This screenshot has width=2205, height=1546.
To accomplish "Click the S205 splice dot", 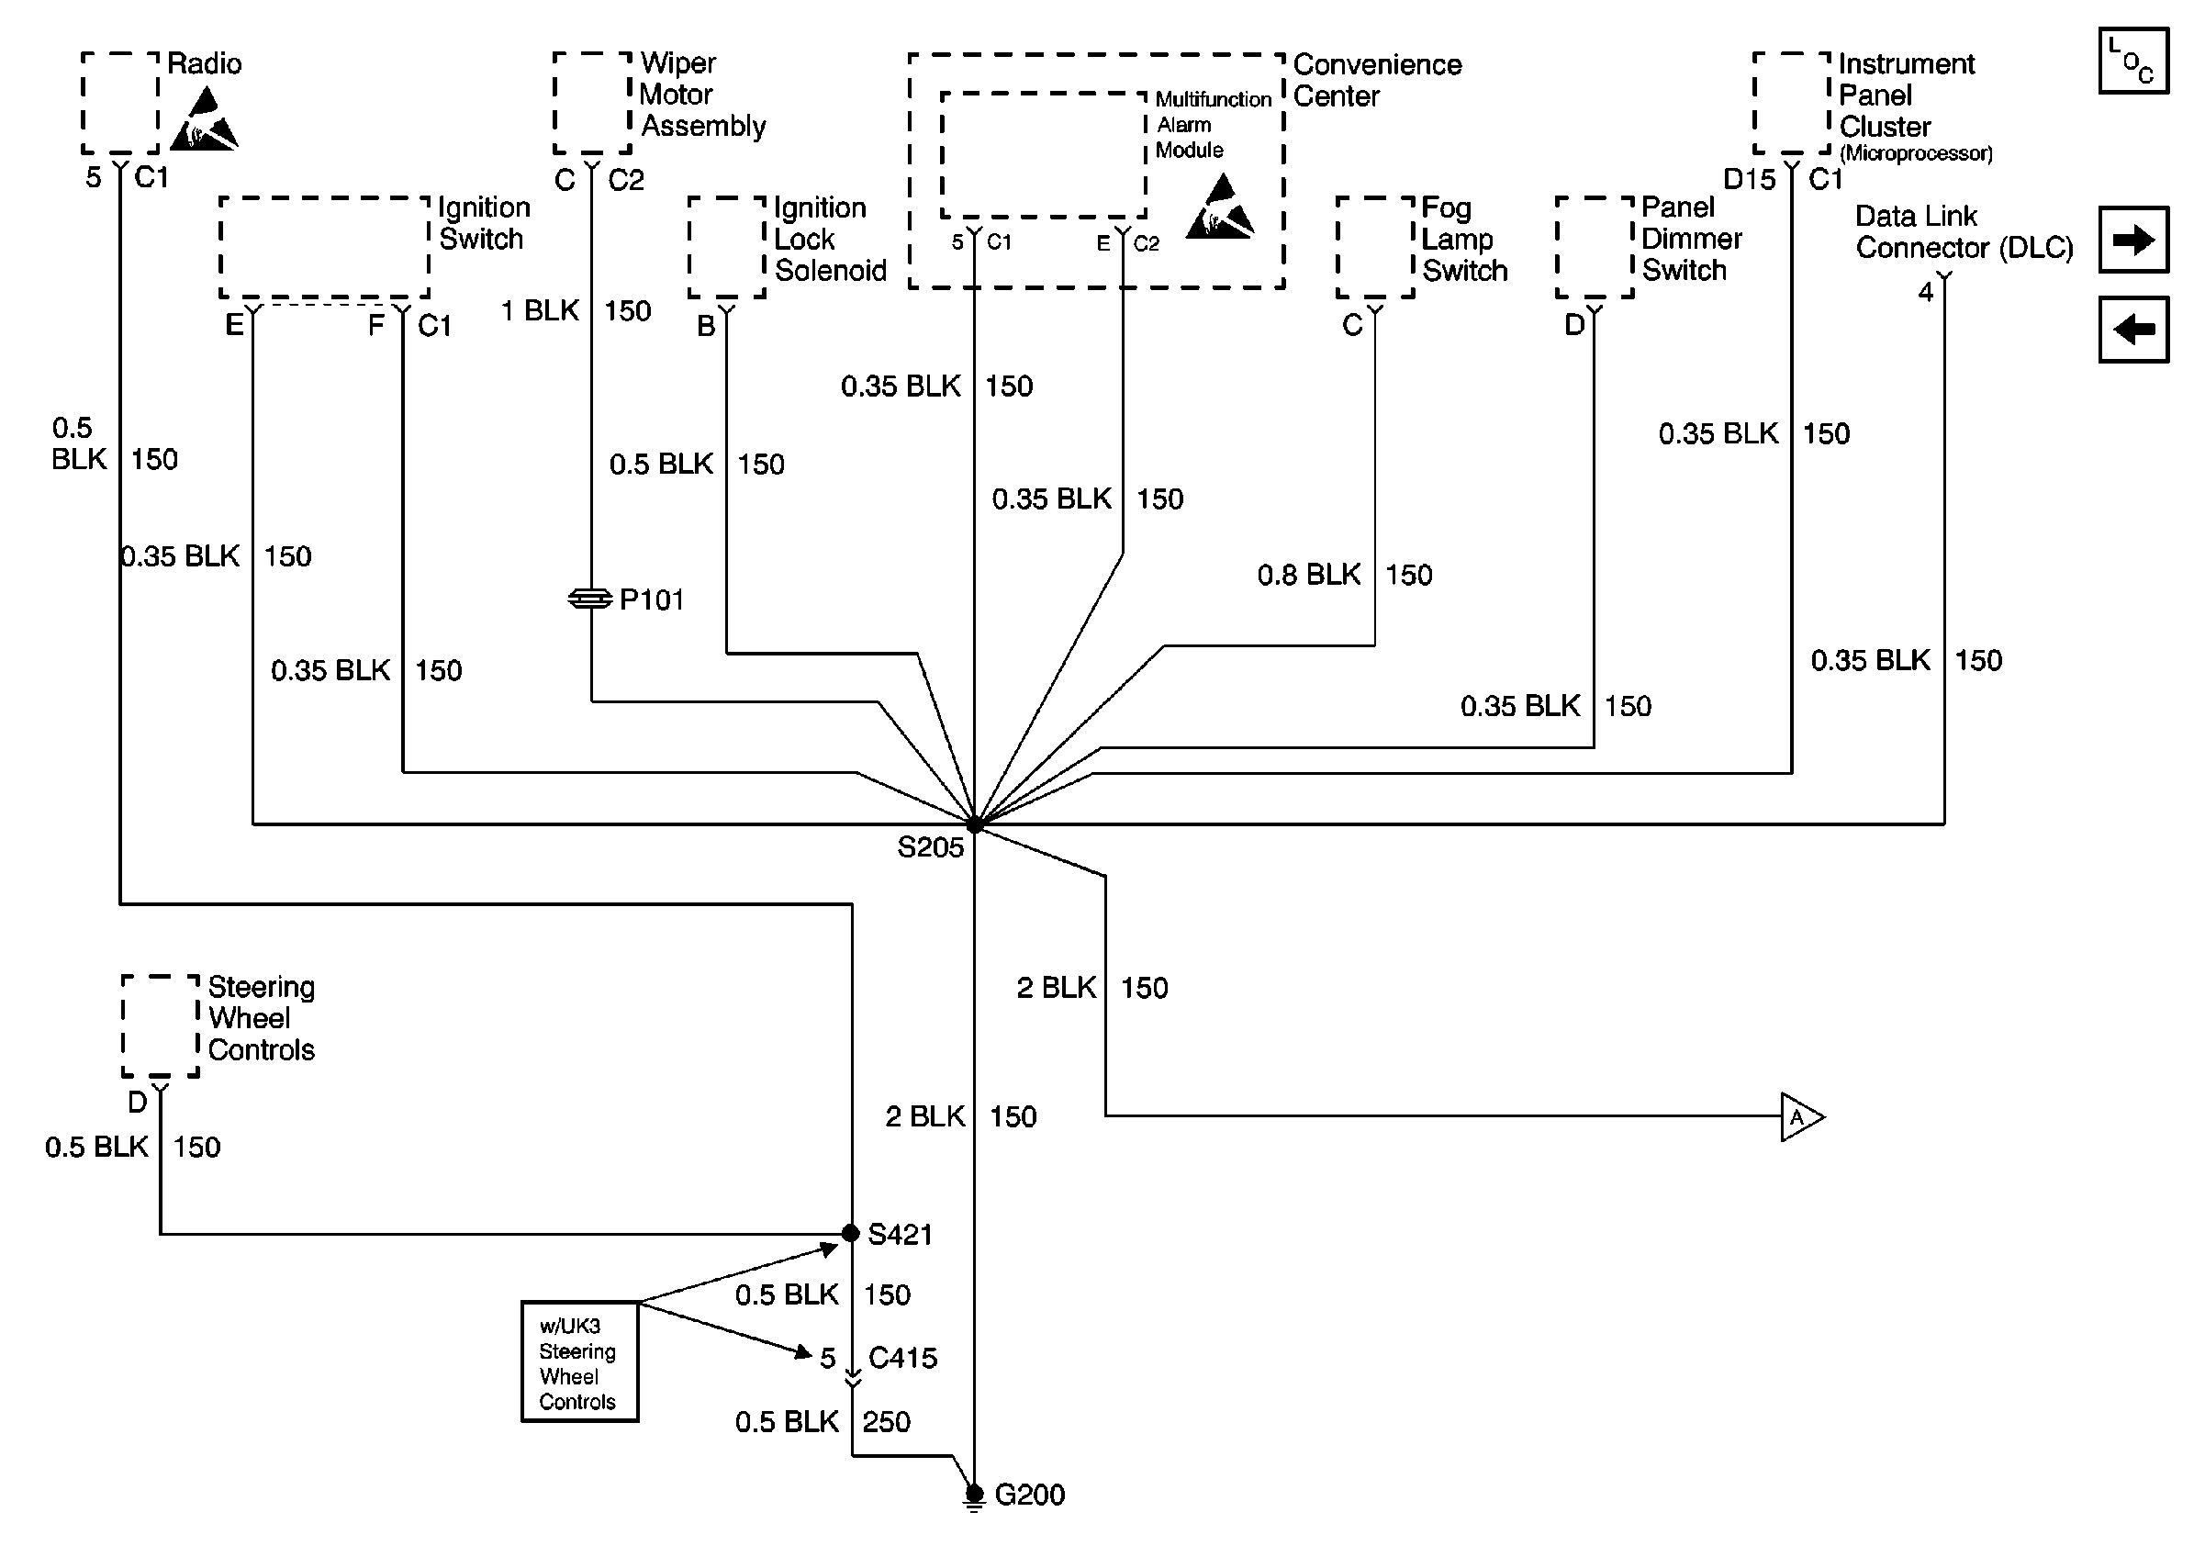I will pyautogui.click(x=975, y=823).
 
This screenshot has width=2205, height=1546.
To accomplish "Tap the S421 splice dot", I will pyautogui.click(x=850, y=1233).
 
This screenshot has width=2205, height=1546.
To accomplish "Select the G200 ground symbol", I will pyautogui.click(x=974, y=1496).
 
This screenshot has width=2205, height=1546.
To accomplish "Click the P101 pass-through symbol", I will pyautogui.click(x=589, y=599).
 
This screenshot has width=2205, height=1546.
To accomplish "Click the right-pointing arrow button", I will pyautogui.click(x=2133, y=240).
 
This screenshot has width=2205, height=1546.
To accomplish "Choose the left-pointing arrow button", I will pyautogui.click(x=2133, y=330).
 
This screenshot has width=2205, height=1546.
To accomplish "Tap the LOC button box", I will pyautogui.click(x=2133, y=62).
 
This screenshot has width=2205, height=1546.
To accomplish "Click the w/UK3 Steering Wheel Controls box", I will pyautogui.click(x=579, y=1361).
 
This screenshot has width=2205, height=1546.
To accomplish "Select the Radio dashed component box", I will pyautogui.click(x=120, y=104).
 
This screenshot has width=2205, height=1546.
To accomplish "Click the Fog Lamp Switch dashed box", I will pyautogui.click(x=1374, y=248).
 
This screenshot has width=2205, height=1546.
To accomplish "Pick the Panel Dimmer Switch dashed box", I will pyautogui.click(x=1595, y=248).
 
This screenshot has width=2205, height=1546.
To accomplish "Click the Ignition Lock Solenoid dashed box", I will pyautogui.click(x=726, y=248).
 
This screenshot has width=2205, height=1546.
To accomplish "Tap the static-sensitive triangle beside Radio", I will pyautogui.click(x=204, y=122).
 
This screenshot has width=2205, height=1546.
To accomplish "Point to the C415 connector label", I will pyautogui.click(x=901, y=1358).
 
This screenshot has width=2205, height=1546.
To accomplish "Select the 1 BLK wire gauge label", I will pyautogui.click(x=540, y=311).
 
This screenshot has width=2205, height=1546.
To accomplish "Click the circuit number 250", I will pyautogui.click(x=886, y=1422).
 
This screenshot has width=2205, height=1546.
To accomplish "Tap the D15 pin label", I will pyautogui.click(x=1749, y=180).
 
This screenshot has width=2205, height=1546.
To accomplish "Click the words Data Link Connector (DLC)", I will pyautogui.click(x=1963, y=232).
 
